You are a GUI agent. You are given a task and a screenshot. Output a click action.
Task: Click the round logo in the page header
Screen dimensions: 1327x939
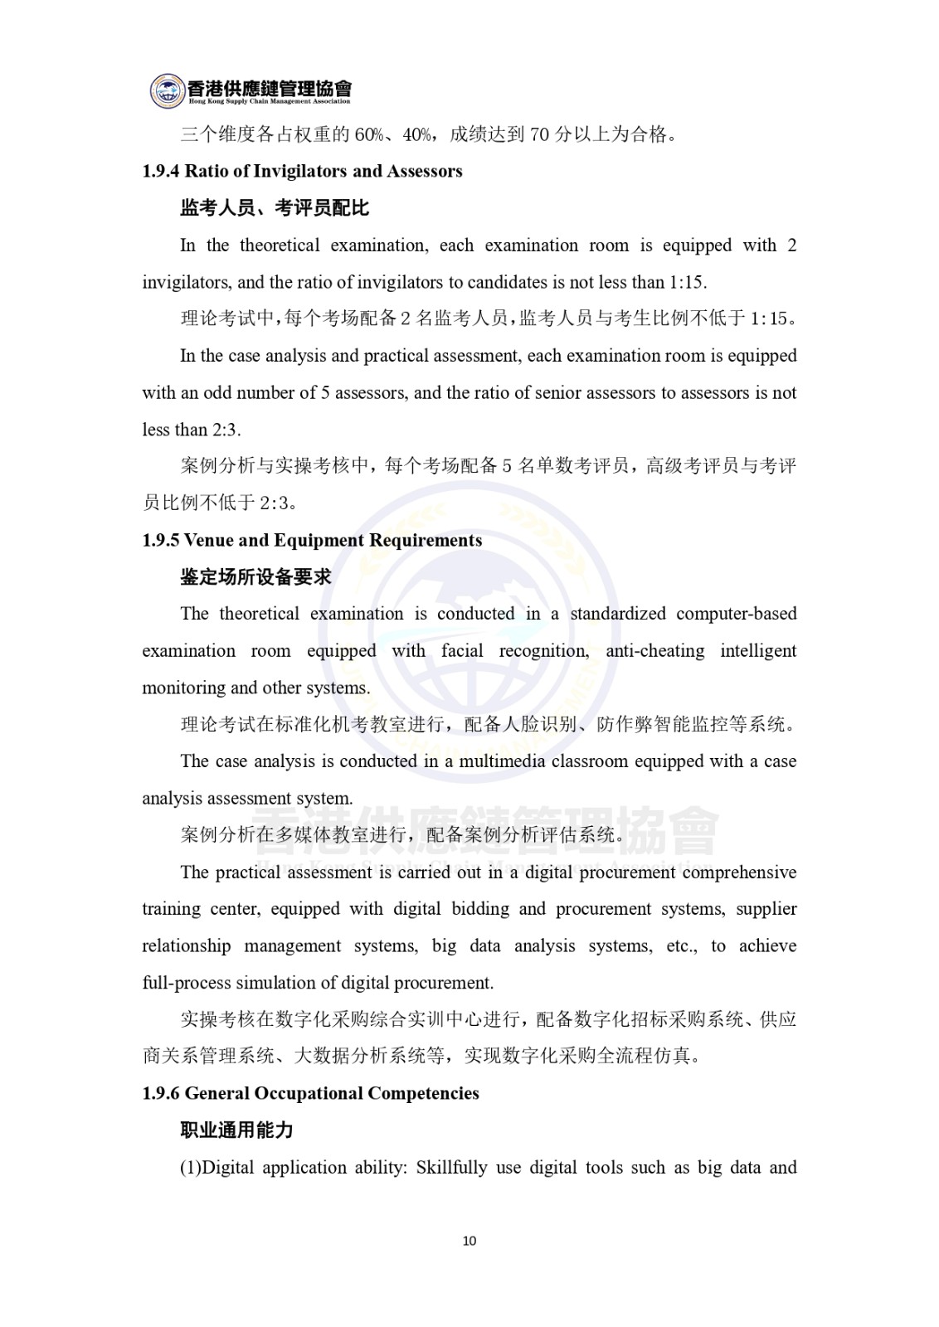(x=168, y=90)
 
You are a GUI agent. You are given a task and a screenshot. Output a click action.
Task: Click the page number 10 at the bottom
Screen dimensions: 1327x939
(x=469, y=1241)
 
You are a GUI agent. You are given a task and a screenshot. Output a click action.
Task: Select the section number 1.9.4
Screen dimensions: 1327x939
(x=161, y=172)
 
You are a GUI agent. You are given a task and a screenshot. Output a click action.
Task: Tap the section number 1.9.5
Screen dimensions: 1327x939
(x=161, y=541)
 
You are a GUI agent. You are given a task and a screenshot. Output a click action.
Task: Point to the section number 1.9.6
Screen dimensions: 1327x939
(x=161, y=1093)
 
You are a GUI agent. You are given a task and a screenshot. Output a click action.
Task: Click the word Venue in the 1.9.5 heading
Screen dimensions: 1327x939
(x=207, y=541)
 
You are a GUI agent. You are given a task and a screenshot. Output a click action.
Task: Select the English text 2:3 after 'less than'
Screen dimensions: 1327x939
(x=226, y=430)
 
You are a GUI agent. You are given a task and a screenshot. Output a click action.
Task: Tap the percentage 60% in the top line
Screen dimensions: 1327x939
(x=368, y=135)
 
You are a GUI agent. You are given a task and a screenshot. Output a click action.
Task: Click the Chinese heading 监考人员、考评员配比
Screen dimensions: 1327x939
(x=275, y=208)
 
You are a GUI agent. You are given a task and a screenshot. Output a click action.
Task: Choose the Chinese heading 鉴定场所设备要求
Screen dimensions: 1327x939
(x=255, y=577)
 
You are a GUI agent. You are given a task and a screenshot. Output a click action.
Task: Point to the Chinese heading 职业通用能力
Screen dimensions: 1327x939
(x=236, y=1130)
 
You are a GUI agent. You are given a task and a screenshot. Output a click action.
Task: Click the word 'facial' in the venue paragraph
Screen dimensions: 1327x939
(x=462, y=651)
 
